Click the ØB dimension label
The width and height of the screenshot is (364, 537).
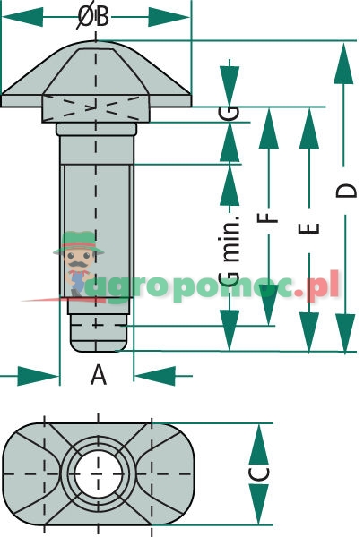93,17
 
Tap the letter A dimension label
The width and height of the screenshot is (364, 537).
99,375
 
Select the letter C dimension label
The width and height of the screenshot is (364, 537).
259,474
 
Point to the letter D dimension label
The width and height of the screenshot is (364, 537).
346,191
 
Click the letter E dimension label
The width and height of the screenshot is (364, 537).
308,228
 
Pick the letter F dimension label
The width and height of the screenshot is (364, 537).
267,218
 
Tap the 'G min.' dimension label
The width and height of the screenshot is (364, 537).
230,251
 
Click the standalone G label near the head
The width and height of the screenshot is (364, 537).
230,112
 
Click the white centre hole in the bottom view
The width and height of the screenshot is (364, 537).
98,474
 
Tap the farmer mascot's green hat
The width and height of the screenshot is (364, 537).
79,243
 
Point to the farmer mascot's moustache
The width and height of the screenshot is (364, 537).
79,264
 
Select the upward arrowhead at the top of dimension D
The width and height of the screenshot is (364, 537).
343,64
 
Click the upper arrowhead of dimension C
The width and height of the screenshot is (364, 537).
259,444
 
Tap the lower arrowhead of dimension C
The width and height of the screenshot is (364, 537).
259,504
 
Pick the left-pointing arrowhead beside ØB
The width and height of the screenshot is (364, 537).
22,17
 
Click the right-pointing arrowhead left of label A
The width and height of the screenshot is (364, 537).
38,376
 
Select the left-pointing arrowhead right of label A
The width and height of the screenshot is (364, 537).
155,376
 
